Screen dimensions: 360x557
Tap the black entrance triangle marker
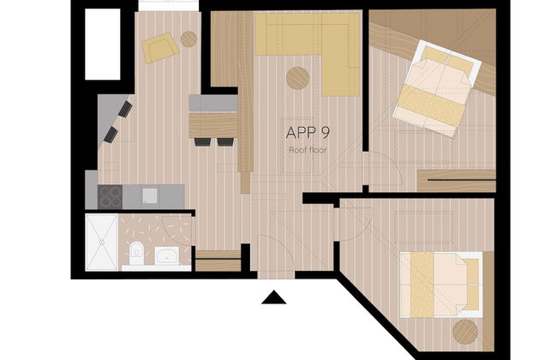tap(273, 297)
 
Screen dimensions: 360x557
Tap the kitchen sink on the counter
tap(148, 195)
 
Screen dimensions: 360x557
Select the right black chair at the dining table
tap(225, 140)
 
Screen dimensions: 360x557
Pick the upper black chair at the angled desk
tap(126, 110)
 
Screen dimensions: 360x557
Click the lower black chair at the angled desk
tap(111, 135)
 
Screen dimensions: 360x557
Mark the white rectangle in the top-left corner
tap(101, 43)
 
